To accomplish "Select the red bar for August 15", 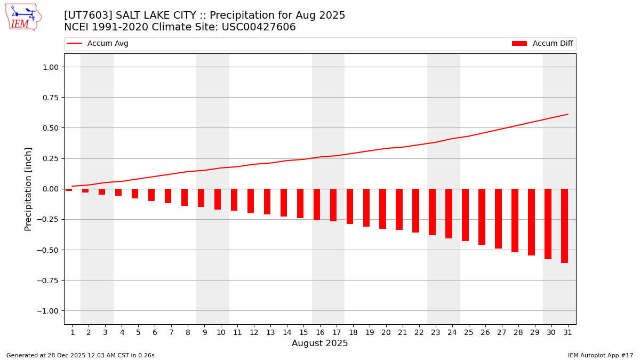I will click(300, 203).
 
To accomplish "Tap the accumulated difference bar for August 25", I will click(465, 215).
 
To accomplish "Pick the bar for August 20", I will click(382, 209).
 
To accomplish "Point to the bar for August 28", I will click(515, 220).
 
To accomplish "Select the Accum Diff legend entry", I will click(542, 44).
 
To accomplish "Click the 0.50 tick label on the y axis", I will click(49, 128).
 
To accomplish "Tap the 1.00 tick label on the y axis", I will click(49, 67).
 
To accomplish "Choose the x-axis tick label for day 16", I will click(320, 332).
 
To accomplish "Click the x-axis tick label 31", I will click(567, 332).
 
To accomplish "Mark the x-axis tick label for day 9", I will click(204, 332).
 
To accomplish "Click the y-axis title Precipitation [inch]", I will click(29, 189).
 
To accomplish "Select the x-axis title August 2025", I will click(319, 343).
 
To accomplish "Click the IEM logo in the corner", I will click(23, 17).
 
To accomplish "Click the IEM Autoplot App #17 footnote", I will click(600, 355).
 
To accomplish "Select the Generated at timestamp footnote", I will click(81, 355).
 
